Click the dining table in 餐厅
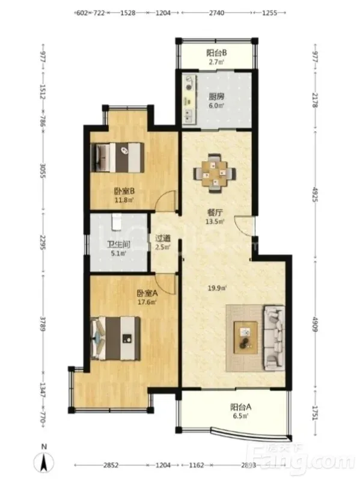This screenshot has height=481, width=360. [215, 174]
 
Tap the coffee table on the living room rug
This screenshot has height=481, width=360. [246, 338]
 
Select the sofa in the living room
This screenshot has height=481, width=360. [273, 337]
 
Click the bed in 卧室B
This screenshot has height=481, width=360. [118, 158]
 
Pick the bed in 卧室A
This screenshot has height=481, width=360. [115, 339]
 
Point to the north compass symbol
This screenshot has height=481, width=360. [44, 459]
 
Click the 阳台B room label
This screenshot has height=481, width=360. [216, 53]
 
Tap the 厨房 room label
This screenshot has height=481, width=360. [216, 97]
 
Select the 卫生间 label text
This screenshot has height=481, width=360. [118, 245]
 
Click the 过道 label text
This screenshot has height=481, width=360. [163, 238]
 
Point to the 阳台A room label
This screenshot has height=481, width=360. [241, 408]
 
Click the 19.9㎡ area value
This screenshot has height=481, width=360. [217, 288]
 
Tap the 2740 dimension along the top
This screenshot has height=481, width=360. [216, 13]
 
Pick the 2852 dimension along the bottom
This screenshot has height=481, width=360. [111, 465]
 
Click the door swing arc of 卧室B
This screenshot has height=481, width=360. [161, 197]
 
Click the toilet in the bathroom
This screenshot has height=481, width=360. [116, 221]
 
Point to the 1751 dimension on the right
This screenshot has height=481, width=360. [316, 413]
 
